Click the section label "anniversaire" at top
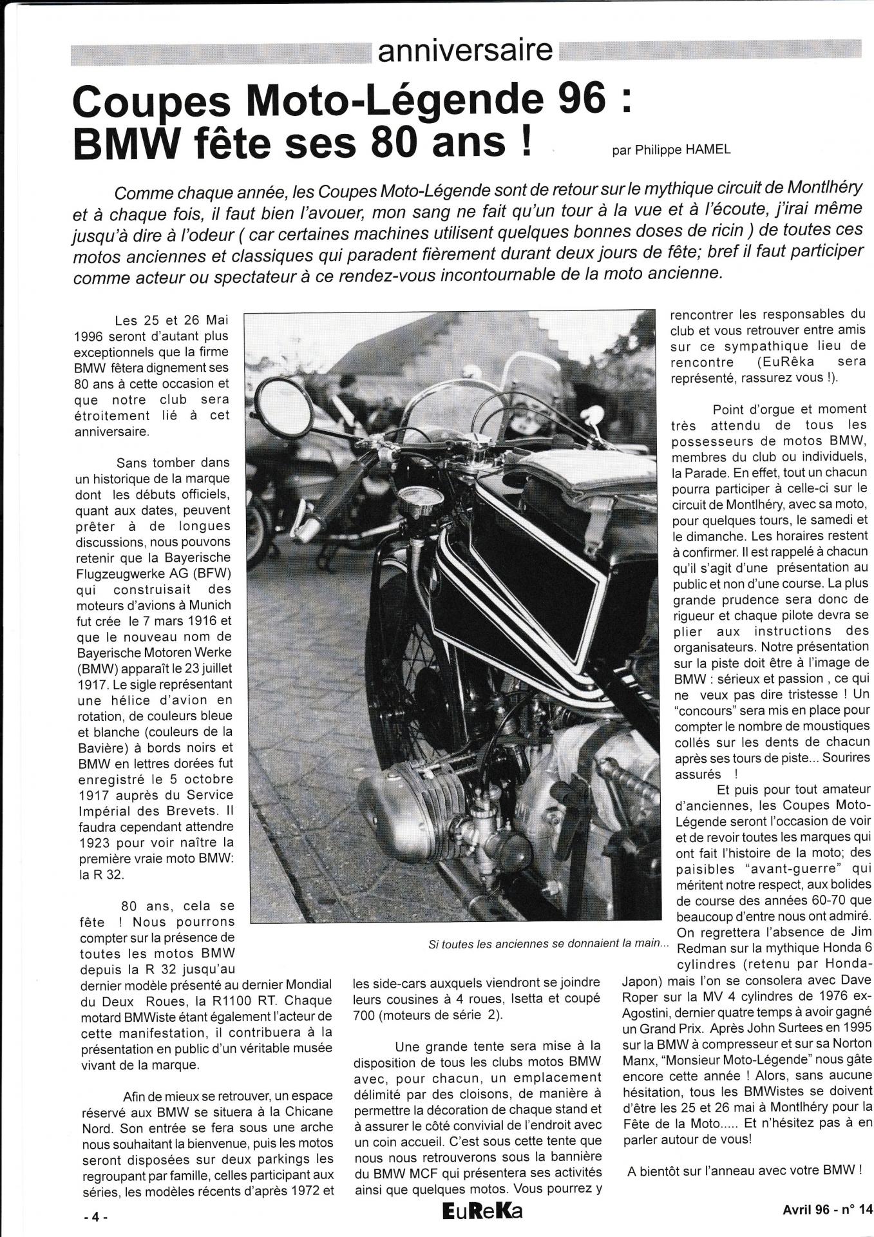click(464, 50)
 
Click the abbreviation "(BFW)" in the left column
click(212, 573)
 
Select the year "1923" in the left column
click(98, 843)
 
